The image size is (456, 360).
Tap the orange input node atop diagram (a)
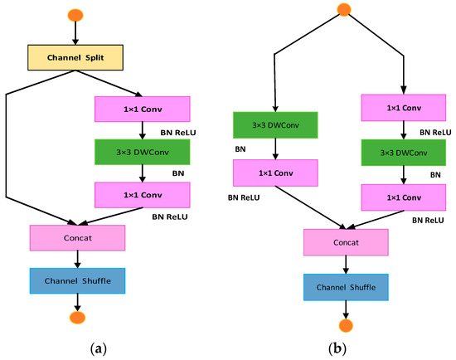tap(76, 14)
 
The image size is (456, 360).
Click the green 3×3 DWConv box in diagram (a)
tap(143, 152)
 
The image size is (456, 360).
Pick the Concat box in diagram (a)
tap(76, 237)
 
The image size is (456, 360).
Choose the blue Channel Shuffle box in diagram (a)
tap(76, 280)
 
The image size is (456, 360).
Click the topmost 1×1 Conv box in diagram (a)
tap(143, 109)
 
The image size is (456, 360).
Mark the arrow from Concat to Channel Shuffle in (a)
tap(76, 259)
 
